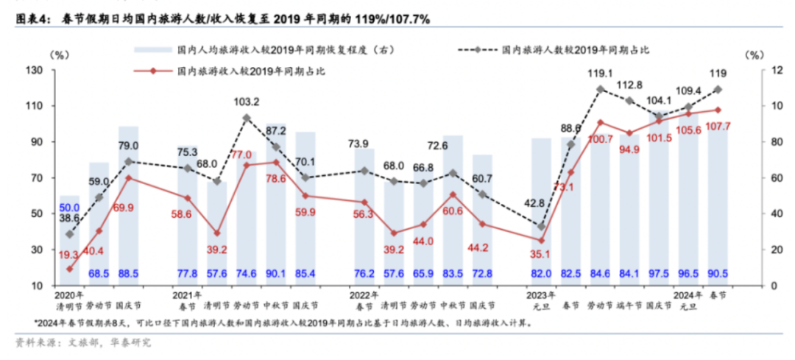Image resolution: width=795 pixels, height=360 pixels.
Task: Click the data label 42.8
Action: click(x=541, y=203)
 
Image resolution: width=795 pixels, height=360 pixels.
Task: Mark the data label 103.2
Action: click(x=247, y=102)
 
